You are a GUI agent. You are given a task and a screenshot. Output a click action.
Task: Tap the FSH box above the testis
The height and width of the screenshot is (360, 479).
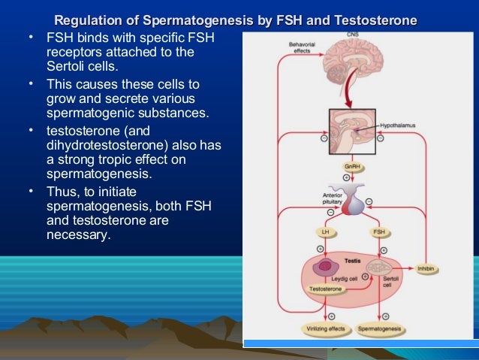click(380, 232)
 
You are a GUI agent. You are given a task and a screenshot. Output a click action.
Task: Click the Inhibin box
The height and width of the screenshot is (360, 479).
click(426, 268)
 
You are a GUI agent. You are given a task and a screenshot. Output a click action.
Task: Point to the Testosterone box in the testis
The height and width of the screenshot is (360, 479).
click(324, 289)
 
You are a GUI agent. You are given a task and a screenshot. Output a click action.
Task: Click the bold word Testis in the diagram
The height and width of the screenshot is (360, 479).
click(352, 260)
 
